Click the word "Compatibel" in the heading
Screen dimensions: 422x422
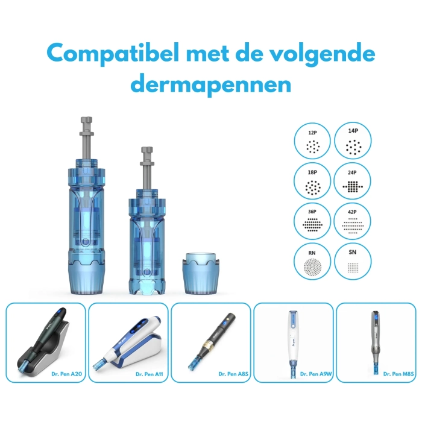(113, 54)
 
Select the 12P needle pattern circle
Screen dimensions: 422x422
(312, 140)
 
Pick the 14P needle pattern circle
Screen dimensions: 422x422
(353, 140)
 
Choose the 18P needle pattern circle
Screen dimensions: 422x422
(312, 181)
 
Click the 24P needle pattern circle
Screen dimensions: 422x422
(352, 181)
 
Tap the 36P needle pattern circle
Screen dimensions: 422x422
(312, 221)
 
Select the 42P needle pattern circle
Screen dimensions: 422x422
(352, 221)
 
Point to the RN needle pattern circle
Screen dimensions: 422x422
(312, 261)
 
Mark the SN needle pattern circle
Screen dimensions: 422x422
(353, 261)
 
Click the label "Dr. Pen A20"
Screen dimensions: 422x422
(67, 374)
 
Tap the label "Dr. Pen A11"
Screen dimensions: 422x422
(150, 374)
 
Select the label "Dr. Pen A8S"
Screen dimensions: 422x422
(233, 374)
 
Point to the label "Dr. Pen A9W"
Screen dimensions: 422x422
(316, 374)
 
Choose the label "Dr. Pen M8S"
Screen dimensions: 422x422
(398, 374)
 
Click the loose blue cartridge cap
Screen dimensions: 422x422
(201, 273)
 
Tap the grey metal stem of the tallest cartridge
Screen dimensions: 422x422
(87, 138)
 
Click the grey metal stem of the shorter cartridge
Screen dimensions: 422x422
(147, 168)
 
